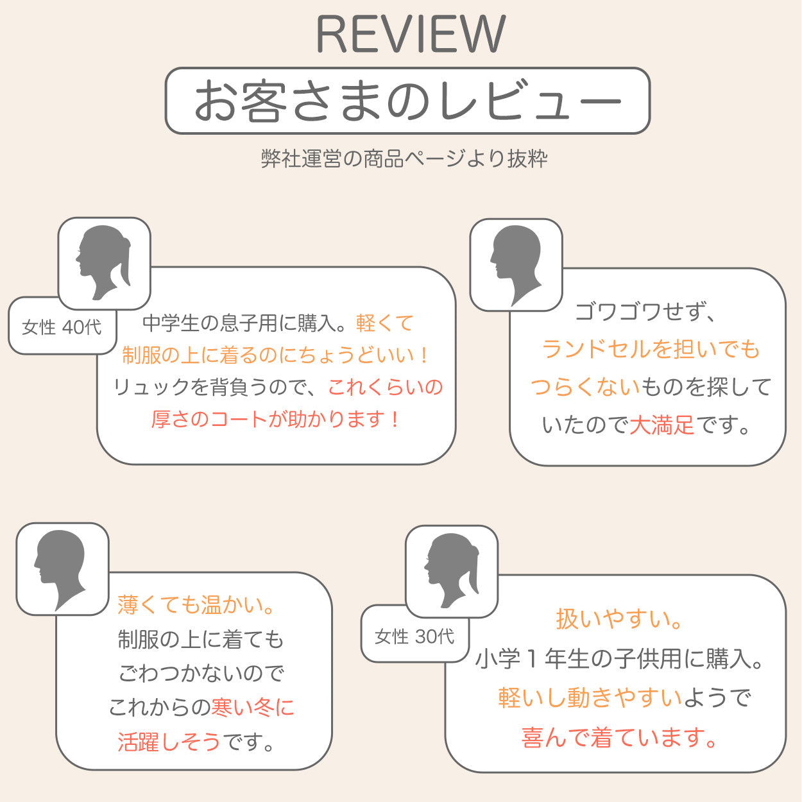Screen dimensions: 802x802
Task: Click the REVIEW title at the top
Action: [x=411, y=35]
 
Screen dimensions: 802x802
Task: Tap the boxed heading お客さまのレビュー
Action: [x=407, y=101]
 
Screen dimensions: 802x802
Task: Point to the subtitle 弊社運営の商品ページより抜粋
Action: [x=404, y=158]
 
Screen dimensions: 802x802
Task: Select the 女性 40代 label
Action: [x=62, y=327]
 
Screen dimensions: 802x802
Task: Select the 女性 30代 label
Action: [x=414, y=636]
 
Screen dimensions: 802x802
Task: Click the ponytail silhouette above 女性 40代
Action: [x=104, y=263]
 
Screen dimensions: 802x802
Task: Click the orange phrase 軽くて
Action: [x=385, y=323]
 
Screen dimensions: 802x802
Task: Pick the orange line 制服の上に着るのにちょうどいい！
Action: [x=277, y=355]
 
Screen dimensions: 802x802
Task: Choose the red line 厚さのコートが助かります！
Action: [x=277, y=419]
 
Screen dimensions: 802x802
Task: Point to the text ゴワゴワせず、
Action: [x=644, y=312]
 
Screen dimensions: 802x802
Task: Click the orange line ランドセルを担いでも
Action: [x=651, y=349]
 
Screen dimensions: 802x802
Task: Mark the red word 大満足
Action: [x=661, y=425]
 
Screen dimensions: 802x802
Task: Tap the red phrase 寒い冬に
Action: [x=253, y=707]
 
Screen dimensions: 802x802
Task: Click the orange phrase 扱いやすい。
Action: [x=620, y=619]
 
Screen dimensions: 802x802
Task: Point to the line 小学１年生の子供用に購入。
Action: [x=620, y=658]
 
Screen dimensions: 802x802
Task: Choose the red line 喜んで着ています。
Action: [x=620, y=737]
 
